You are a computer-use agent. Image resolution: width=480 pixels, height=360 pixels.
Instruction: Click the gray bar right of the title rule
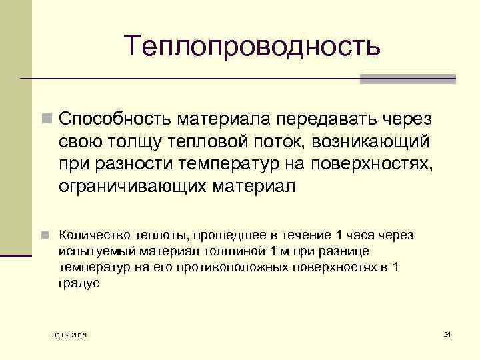click(x=407, y=79)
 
